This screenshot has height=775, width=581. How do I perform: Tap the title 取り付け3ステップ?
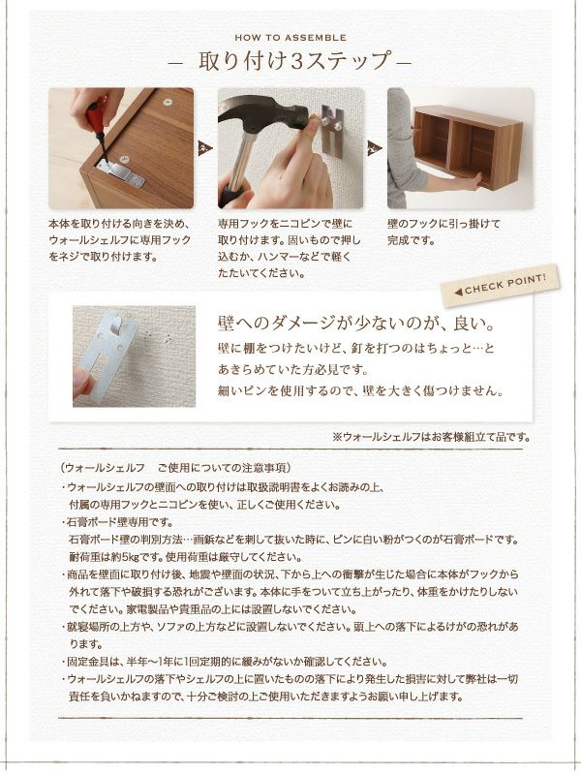pos(290,60)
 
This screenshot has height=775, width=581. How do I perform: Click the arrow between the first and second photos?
pos(204,147)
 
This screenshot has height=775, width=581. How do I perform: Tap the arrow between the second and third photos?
pos(375,147)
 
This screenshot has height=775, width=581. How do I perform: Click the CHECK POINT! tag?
pos(500,285)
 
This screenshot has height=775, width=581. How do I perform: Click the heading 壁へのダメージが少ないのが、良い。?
pos(357,322)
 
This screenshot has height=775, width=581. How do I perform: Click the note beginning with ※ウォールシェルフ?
pos(430,437)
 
